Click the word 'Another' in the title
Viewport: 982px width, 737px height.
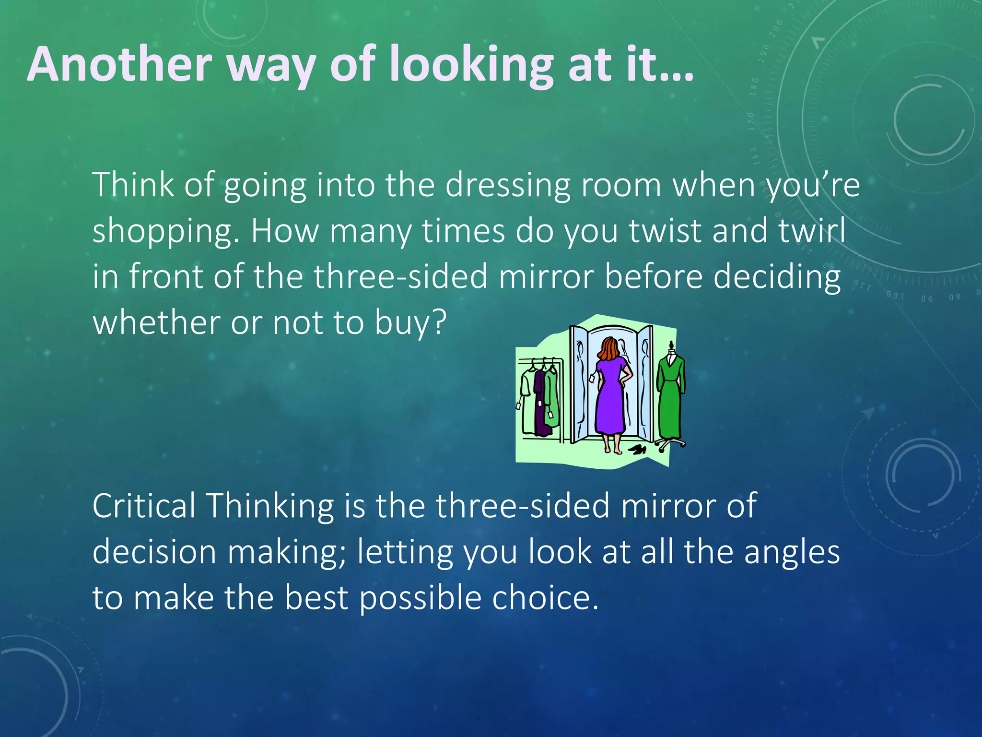pos(120,64)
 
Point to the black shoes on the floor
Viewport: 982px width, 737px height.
pos(638,450)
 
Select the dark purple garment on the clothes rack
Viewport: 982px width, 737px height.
pos(540,403)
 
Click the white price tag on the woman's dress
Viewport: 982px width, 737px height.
pos(592,379)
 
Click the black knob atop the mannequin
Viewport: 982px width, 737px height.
pos(672,344)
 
